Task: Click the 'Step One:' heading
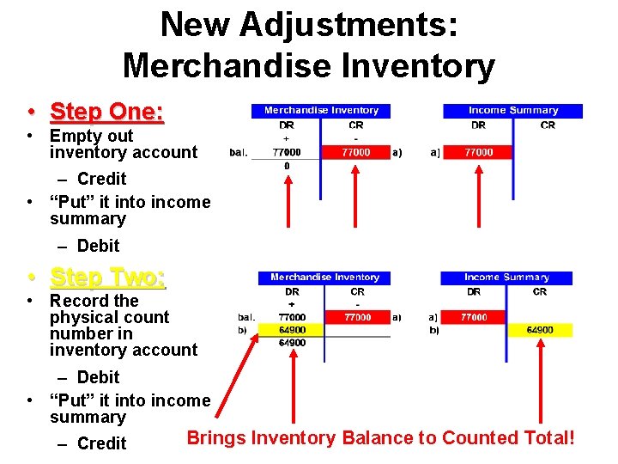click(x=106, y=112)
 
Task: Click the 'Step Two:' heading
click(x=107, y=277)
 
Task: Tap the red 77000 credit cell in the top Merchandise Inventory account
click(x=356, y=152)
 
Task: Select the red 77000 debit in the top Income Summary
click(x=478, y=152)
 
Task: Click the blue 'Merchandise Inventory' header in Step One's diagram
click(x=321, y=110)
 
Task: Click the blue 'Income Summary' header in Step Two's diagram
click(x=506, y=277)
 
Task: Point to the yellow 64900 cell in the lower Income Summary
click(x=539, y=330)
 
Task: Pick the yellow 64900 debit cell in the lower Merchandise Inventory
click(x=293, y=330)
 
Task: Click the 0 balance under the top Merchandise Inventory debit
click(x=287, y=166)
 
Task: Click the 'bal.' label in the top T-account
click(x=239, y=153)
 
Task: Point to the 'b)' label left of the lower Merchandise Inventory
click(x=242, y=330)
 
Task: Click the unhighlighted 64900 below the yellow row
click(x=293, y=343)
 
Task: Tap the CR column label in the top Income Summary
click(x=548, y=125)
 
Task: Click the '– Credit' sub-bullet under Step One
click(x=101, y=179)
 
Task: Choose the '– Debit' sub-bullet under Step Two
click(x=98, y=377)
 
